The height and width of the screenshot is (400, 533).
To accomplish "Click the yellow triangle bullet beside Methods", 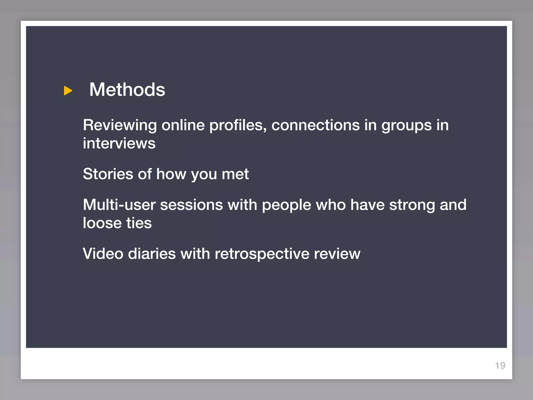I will pos(68,91).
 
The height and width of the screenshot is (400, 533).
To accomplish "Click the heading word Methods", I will pos(127,90).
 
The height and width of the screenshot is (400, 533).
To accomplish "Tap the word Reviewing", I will pos(120,126).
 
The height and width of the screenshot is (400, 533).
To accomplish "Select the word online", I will pos(183,125).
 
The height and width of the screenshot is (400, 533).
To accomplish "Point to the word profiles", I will pos(238,126).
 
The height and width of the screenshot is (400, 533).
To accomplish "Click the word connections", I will pos(315,125).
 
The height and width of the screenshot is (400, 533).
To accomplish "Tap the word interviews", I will pos(119,143).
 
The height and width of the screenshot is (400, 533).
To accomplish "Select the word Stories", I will pos(108,174).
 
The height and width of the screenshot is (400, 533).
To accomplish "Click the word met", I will pos(235,174).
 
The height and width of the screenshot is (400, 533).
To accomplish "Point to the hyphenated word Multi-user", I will pos(119,205).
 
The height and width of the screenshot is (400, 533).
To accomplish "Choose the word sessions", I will pos(191,205).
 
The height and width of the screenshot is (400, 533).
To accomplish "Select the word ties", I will pos(139,223).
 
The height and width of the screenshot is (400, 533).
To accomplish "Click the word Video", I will pos(103,254).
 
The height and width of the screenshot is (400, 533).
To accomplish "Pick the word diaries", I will pos(152,254).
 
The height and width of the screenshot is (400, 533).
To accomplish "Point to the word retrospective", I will pos(262,254).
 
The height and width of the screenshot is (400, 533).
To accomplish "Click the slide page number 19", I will pos(500,366).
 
